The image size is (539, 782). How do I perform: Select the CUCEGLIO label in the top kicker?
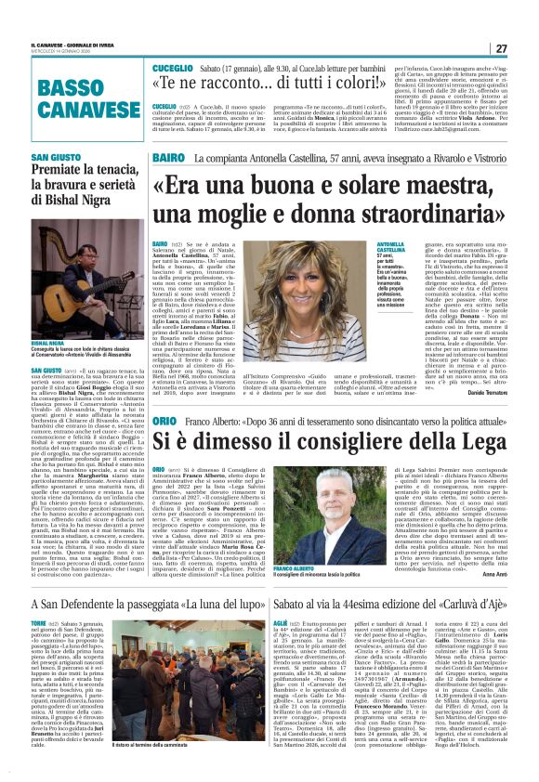[173, 69]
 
